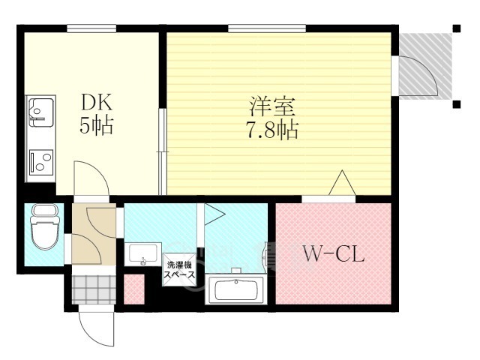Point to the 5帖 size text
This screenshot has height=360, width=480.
(x=96, y=127)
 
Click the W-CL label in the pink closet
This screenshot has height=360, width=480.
(x=334, y=255)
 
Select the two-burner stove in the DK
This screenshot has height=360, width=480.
(x=39, y=161)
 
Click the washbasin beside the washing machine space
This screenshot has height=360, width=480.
(x=142, y=254)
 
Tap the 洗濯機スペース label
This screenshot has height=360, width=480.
(x=180, y=270)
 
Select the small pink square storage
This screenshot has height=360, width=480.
(x=133, y=289)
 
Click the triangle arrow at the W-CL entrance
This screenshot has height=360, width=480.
(x=341, y=183)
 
